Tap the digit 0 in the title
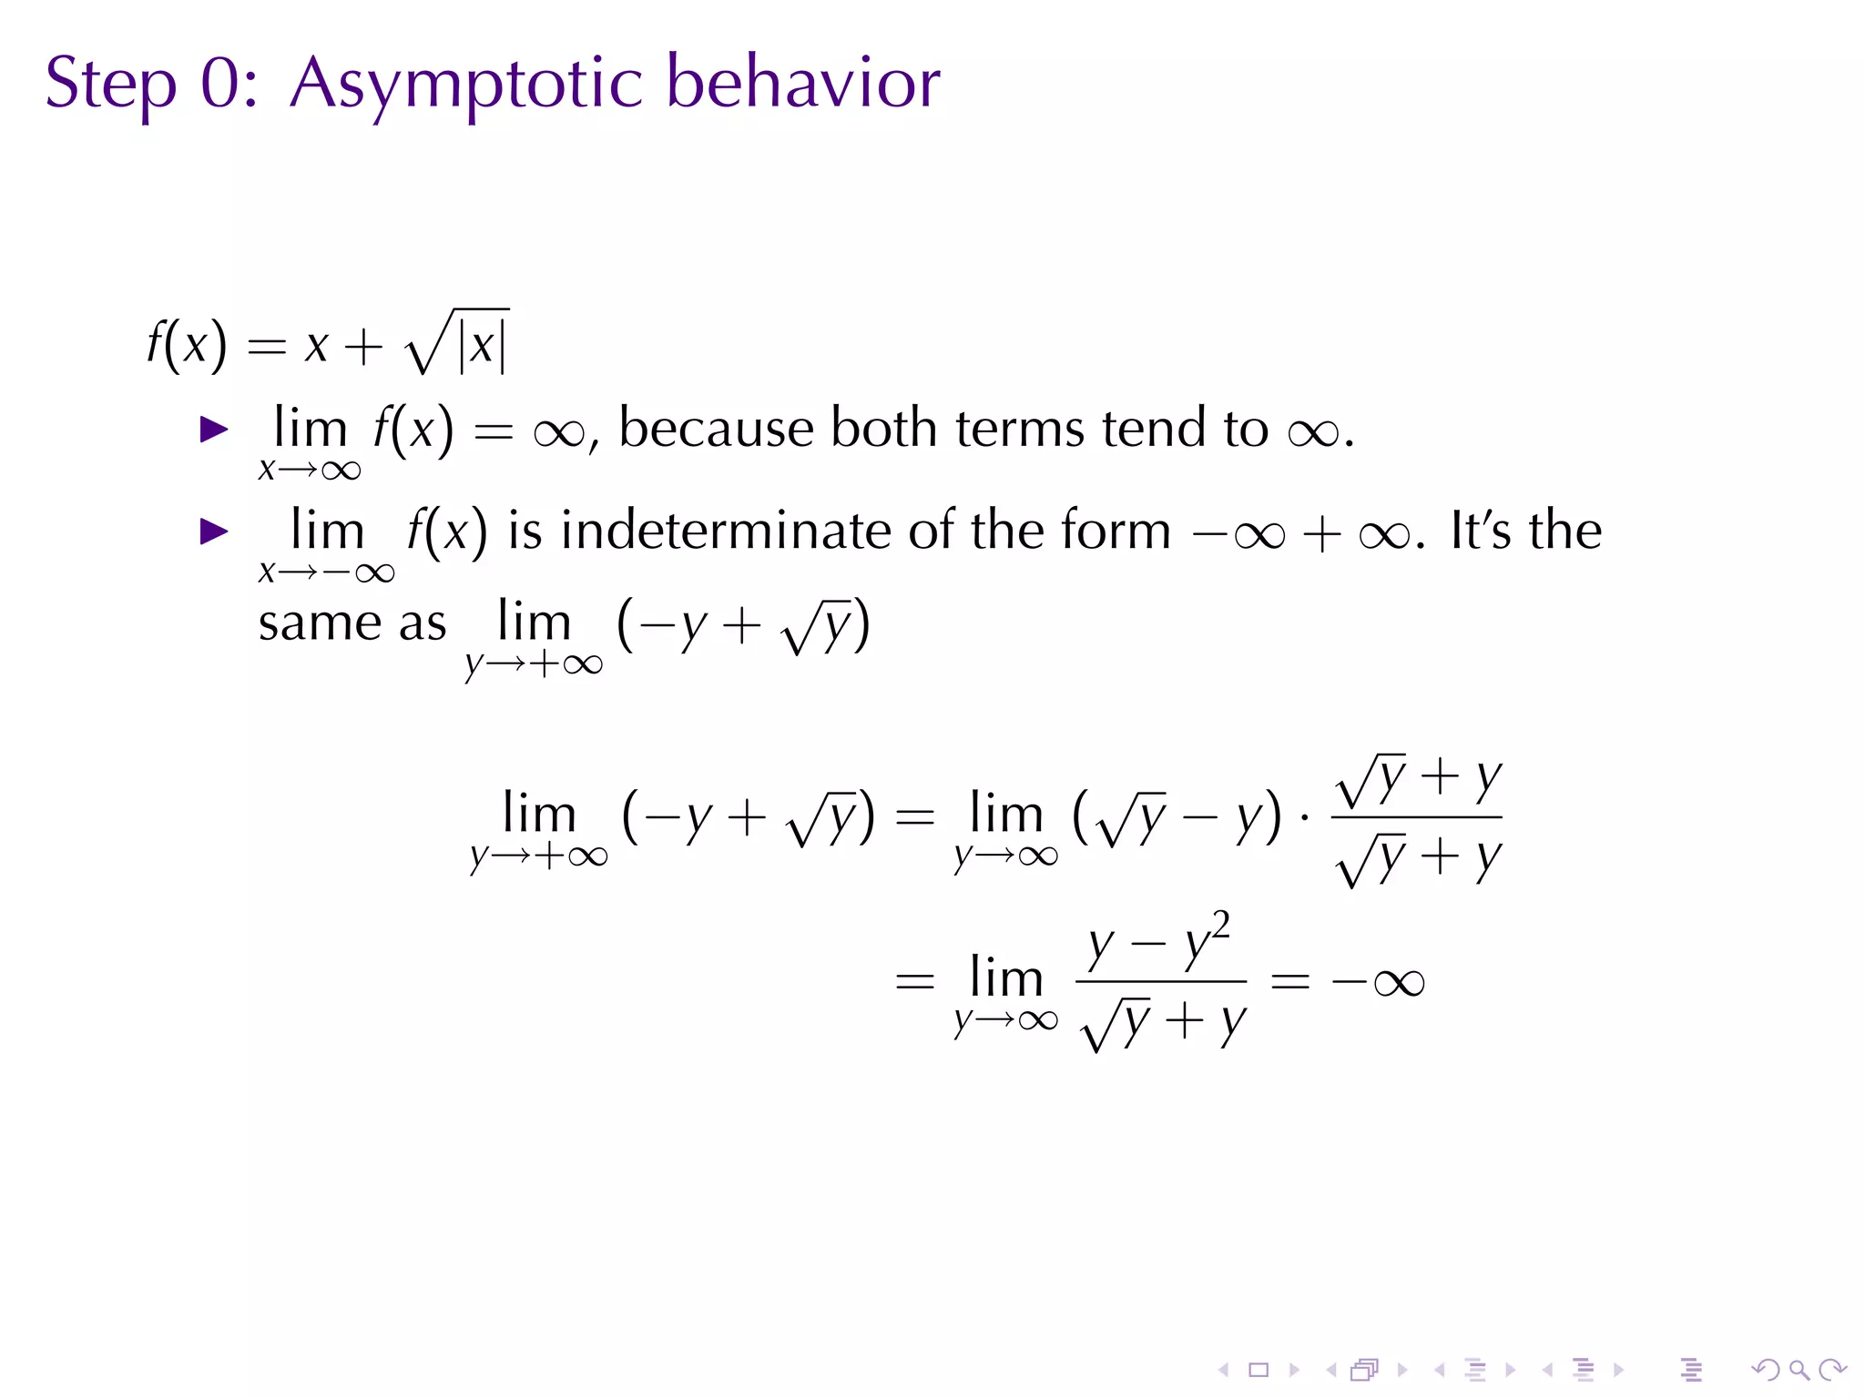[219, 84]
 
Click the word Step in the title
[110, 84]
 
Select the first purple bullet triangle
[214, 430]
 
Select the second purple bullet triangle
[214, 532]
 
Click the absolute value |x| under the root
[483, 346]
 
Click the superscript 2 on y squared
[1220, 927]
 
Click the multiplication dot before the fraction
[1305, 818]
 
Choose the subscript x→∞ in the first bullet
[310, 470]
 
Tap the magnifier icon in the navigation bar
[1799, 1369]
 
